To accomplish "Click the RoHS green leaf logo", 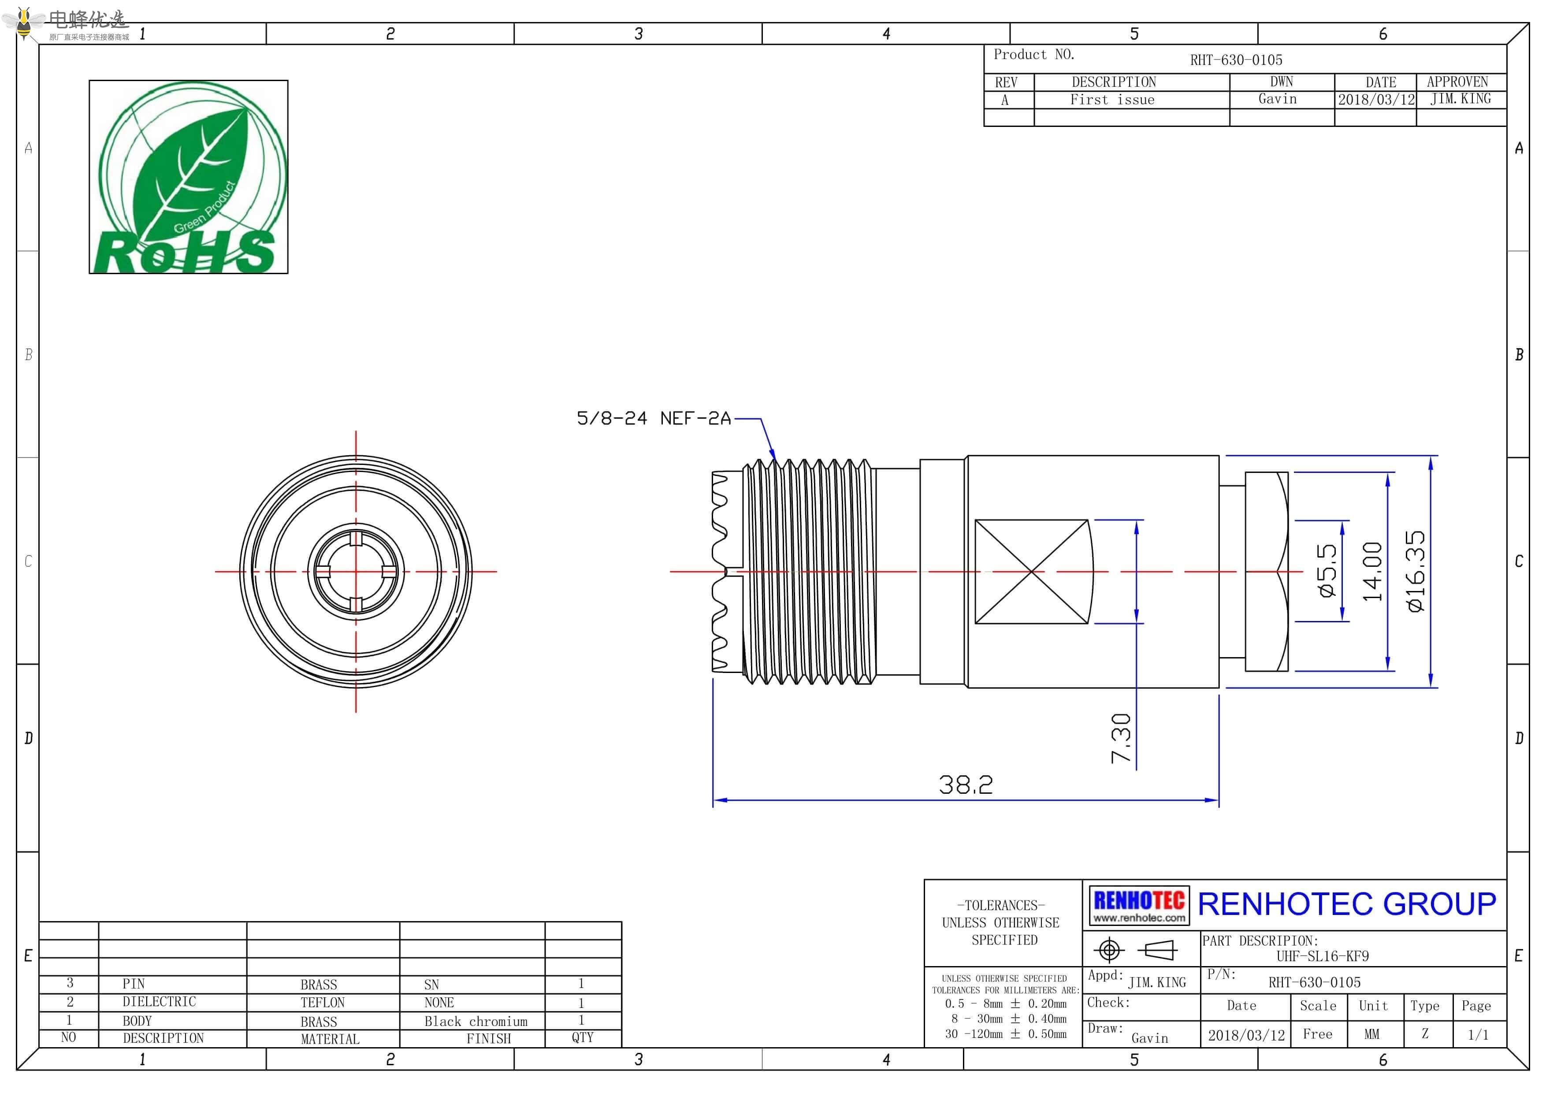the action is tap(189, 177).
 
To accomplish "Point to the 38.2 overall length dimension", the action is tap(966, 784).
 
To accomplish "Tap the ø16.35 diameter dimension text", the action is tap(1416, 571).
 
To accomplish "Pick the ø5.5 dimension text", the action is tap(1327, 571).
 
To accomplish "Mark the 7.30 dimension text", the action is tap(1121, 738).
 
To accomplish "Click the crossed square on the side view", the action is tap(1032, 571).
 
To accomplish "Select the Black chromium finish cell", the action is tap(476, 1021).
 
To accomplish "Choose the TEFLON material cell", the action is tap(323, 1002).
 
